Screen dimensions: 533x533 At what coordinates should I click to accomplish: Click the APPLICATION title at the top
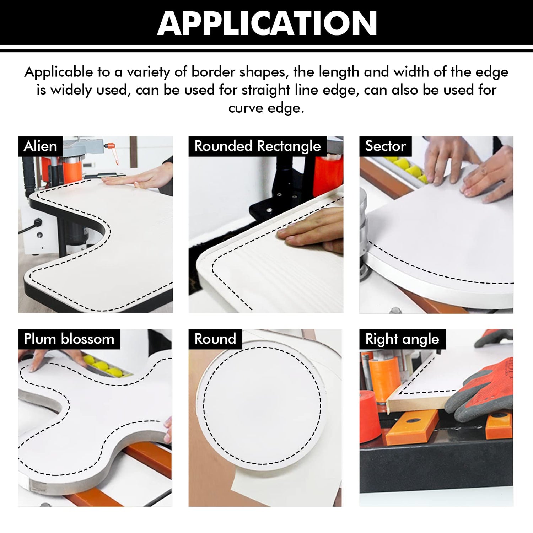point(266,23)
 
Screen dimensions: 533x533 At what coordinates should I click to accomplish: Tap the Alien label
point(40,146)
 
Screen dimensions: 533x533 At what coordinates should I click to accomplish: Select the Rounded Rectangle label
point(257,146)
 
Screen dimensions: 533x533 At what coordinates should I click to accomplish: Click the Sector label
point(385,146)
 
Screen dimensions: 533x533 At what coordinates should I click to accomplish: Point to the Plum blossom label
point(69,339)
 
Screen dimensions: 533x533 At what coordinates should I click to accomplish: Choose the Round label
point(215,339)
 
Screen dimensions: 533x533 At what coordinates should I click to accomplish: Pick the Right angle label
point(402,339)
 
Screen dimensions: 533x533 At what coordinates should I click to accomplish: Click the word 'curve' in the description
point(245,108)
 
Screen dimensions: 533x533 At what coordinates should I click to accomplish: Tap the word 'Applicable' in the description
point(58,72)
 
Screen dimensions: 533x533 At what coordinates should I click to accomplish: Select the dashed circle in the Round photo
point(262,405)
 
